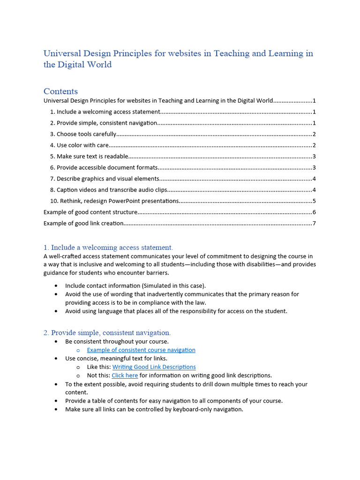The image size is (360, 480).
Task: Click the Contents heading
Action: (60, 91)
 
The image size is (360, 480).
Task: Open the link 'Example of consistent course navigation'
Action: (141, 350)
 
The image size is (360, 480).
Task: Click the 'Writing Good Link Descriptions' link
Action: (154, 367)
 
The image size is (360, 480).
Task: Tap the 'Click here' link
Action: (125, 375)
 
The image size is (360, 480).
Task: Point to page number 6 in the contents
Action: (314, 212)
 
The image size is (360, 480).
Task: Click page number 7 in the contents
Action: (314, 224)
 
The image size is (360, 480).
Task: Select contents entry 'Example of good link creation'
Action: (83, 224)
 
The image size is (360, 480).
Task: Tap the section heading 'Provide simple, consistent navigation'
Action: (107, 332)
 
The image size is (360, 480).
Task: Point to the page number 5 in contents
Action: (314, 201)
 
